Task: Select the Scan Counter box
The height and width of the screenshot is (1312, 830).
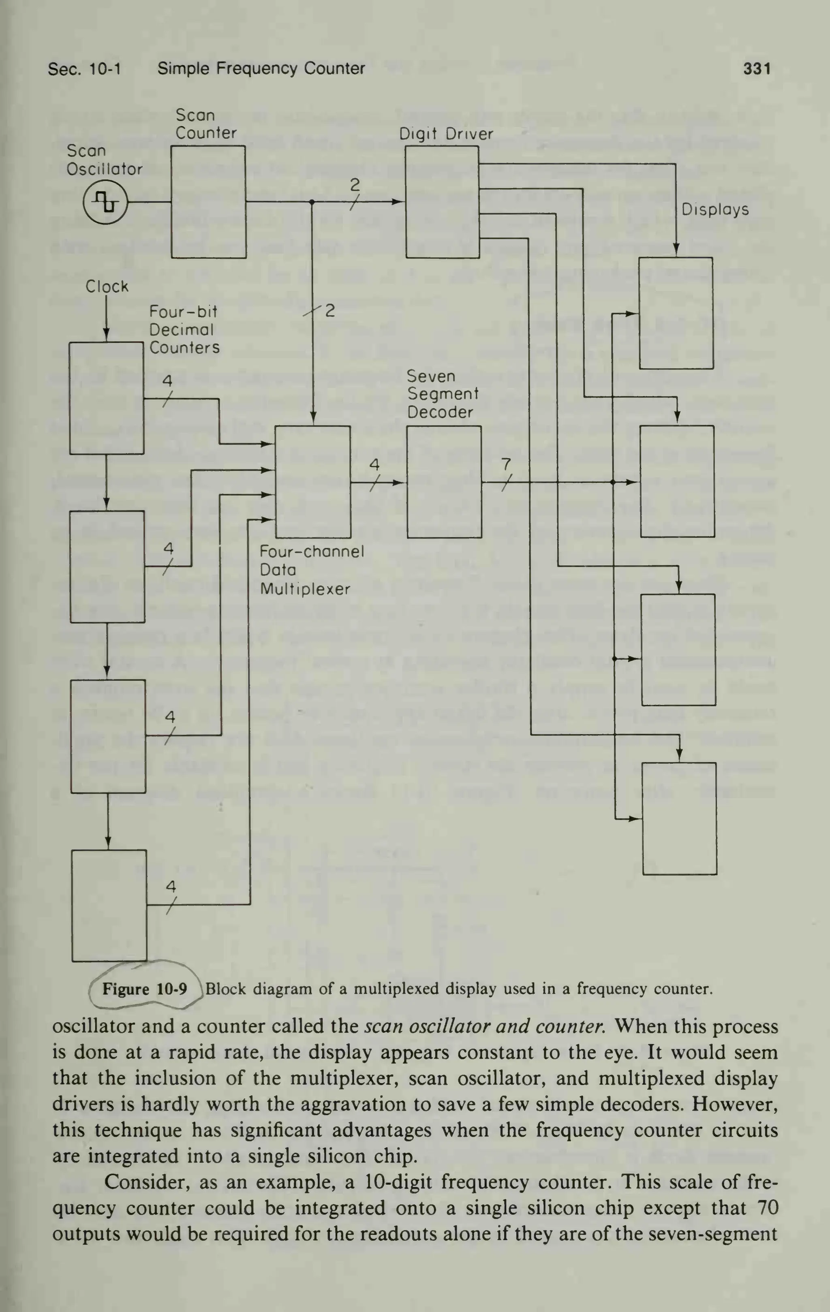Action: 208,202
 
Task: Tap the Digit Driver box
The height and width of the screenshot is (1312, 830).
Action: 442,202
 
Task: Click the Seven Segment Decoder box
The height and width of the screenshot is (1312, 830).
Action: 444,482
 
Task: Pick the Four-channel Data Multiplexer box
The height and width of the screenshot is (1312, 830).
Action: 312,482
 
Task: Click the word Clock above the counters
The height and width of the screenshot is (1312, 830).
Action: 107,286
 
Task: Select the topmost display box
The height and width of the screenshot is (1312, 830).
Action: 676,313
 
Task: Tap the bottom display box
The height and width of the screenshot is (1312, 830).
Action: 679,818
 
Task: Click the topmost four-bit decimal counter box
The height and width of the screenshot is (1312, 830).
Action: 106,398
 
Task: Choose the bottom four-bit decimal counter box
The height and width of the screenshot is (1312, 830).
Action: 109,906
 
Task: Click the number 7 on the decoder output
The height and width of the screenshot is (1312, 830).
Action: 506,464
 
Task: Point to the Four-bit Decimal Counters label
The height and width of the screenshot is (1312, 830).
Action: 184,330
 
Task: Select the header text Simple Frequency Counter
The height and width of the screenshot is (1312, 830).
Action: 261,68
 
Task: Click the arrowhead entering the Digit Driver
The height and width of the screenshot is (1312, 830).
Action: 400,202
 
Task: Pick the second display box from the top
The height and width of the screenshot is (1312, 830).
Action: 677,482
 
